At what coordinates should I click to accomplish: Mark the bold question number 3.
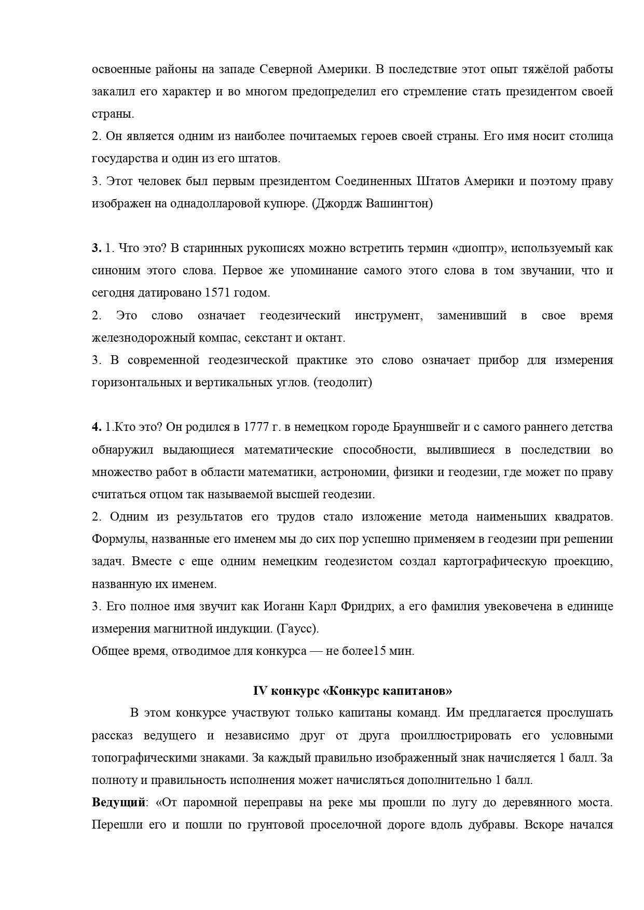tap(96, 248)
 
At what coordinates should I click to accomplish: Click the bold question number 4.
tap(96, 427)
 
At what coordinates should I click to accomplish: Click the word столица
tap(587, 136)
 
